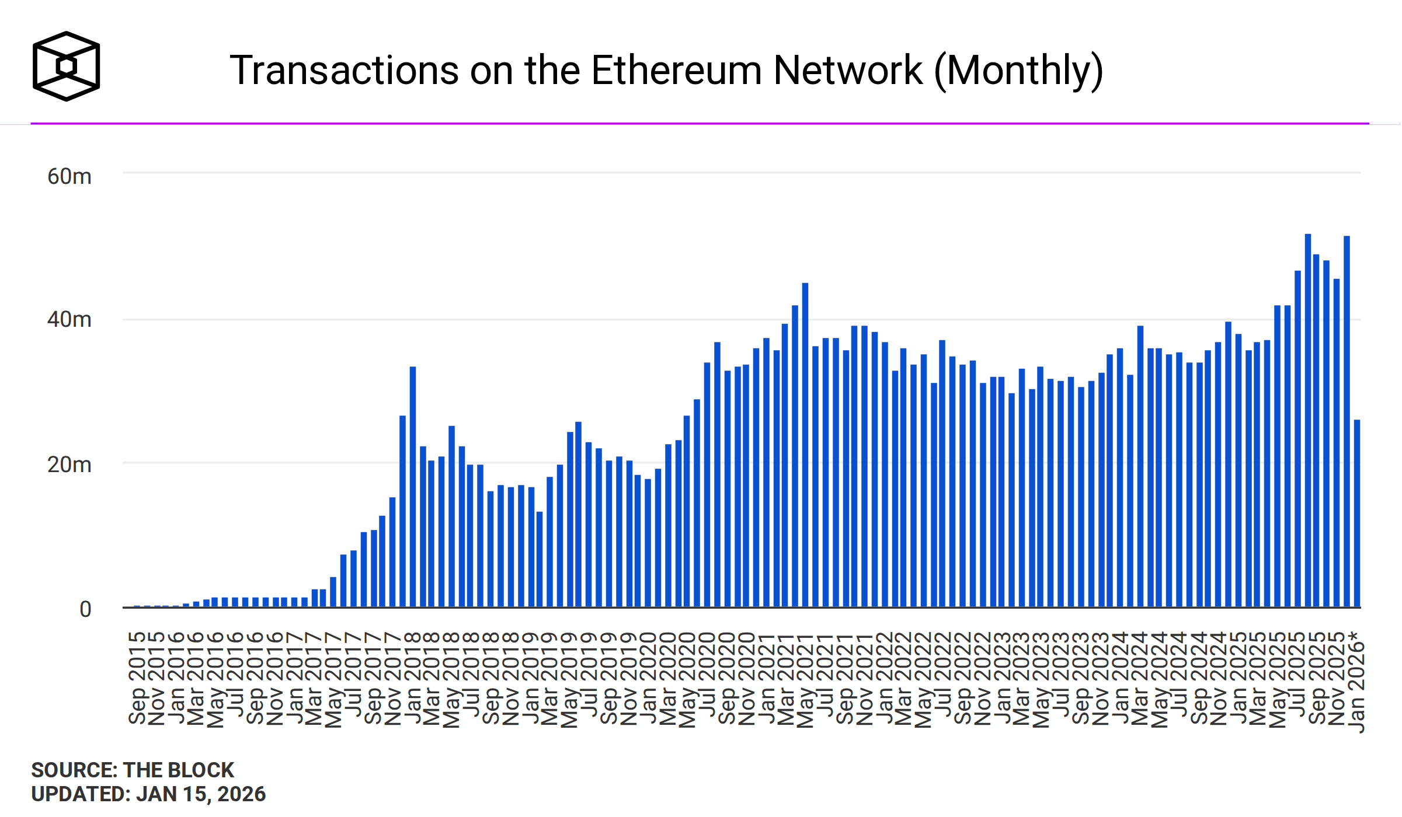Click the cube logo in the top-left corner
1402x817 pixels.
click(66, 66)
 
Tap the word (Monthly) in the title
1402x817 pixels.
click(1018, 71)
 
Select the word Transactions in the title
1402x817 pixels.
click(345, 71)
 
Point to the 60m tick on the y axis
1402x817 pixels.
click(69, 176)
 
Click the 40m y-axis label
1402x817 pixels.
click(69, 320)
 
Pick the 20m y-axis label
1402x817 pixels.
click(69, 465)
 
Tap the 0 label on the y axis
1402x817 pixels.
click(85, 609)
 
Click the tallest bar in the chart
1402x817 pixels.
click(1308, 420)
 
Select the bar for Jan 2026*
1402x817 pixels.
click(1357, 514)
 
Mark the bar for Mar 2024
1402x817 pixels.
click(1140, 467)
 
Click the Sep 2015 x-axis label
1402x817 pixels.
click(137, 678)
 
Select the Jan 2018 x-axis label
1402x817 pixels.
click(413, 678)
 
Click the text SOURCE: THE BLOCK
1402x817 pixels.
click(133, 770)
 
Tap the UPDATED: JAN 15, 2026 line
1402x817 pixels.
click(148, 794)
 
